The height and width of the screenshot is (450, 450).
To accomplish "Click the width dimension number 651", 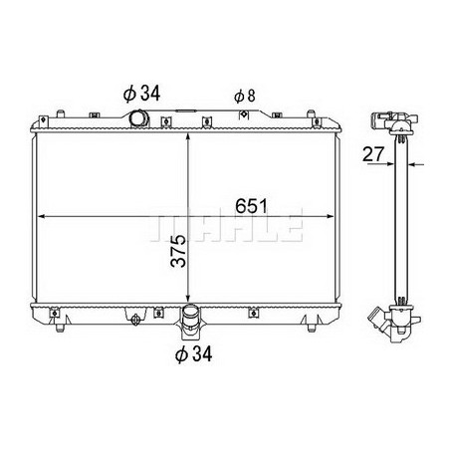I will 251,206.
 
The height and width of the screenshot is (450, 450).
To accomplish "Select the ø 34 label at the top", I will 142,94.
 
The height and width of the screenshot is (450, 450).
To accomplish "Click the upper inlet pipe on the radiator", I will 137,118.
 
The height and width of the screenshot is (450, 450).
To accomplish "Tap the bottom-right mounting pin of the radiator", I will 316,327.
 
